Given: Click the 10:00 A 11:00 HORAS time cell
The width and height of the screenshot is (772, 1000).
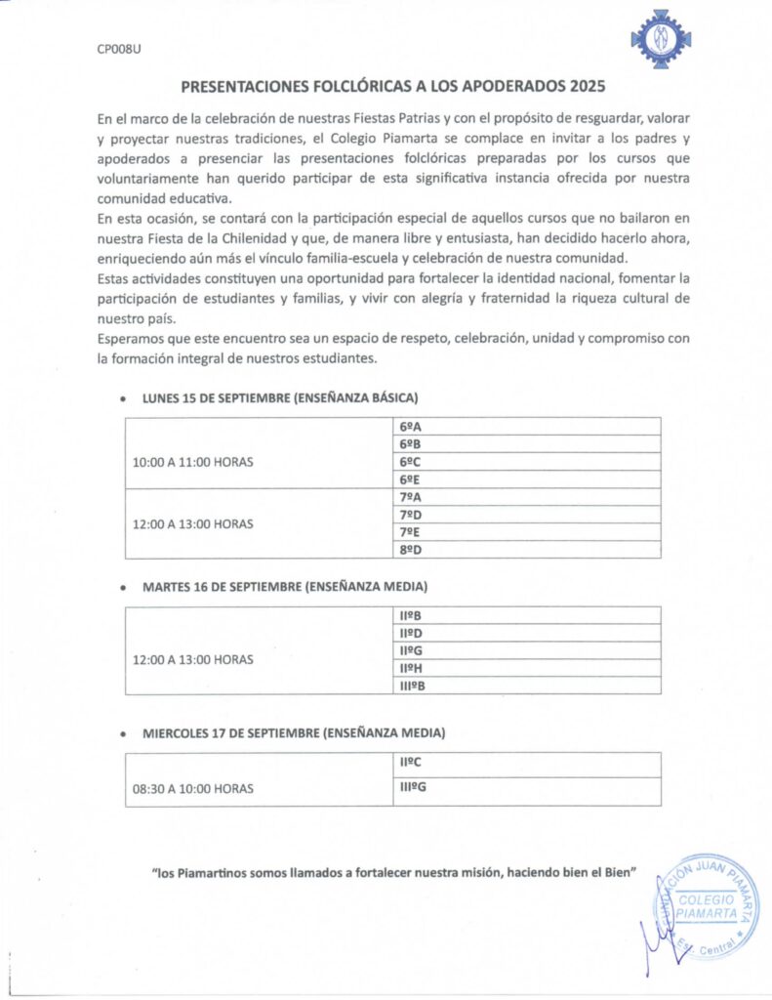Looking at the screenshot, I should (193, 462).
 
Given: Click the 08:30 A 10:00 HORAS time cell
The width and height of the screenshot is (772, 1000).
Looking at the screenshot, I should (193, 786).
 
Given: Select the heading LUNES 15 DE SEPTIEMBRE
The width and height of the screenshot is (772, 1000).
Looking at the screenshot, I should (280, 398).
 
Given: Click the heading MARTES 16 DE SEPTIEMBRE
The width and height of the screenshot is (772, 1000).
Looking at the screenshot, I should (285, 587).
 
